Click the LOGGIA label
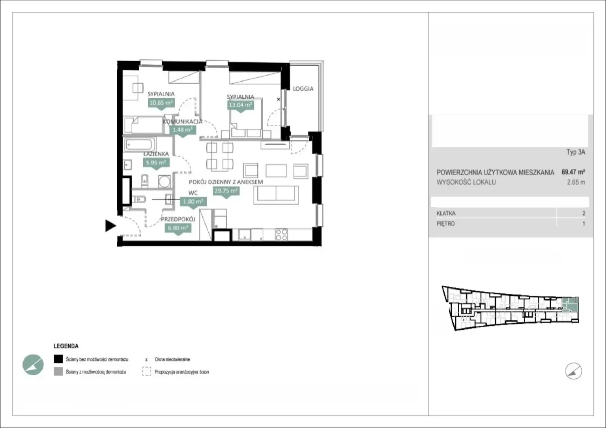coord(303,88)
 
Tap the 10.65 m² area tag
coord(161,103)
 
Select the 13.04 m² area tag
coord(240,105)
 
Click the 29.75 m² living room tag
coord(226,191)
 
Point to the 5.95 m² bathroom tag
coord(156,163)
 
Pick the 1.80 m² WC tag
coord(193,202)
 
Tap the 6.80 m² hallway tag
coord(178,228)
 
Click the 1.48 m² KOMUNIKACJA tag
coord(183,130)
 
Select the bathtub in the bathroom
coord(140,145)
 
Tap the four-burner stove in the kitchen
coord(281,235)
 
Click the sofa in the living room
coord(276,195)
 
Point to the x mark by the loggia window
coord(279,99)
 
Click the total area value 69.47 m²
coord(573,172)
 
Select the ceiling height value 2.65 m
coord(576,182)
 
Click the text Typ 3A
coord(576,152)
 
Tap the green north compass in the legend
coord(33,365)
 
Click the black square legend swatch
coord(58,359)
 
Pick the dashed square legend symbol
coord(147,371)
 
